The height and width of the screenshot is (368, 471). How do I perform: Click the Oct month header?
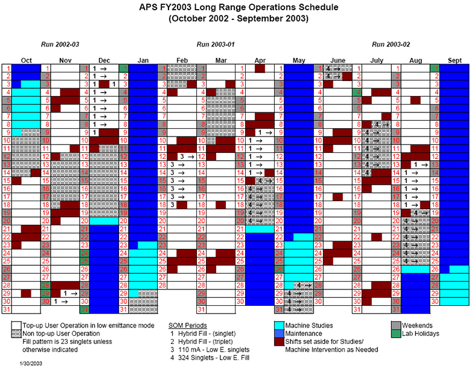pyautogui.click(x=26, y=60)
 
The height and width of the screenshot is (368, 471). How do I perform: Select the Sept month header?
pyautogui.click(x=455, y=60)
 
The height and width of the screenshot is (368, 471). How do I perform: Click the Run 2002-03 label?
pyautogui.click(x=60, y=45)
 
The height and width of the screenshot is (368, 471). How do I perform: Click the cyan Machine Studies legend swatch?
pyautogui.click(x=280, y=324)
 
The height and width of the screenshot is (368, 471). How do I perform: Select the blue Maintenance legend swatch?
pyautogui.click(x=280, y=333)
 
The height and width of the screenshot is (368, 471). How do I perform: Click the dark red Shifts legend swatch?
pyautogui.click(x=280, y=341)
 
